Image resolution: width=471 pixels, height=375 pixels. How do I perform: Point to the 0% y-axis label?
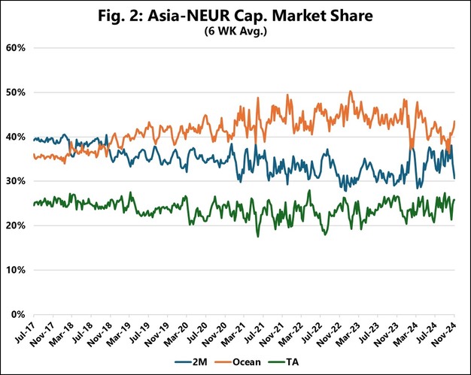[18, 314]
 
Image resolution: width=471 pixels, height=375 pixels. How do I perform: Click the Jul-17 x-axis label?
[26, 331]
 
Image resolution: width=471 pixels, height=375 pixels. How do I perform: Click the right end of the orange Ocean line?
[454, 122]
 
